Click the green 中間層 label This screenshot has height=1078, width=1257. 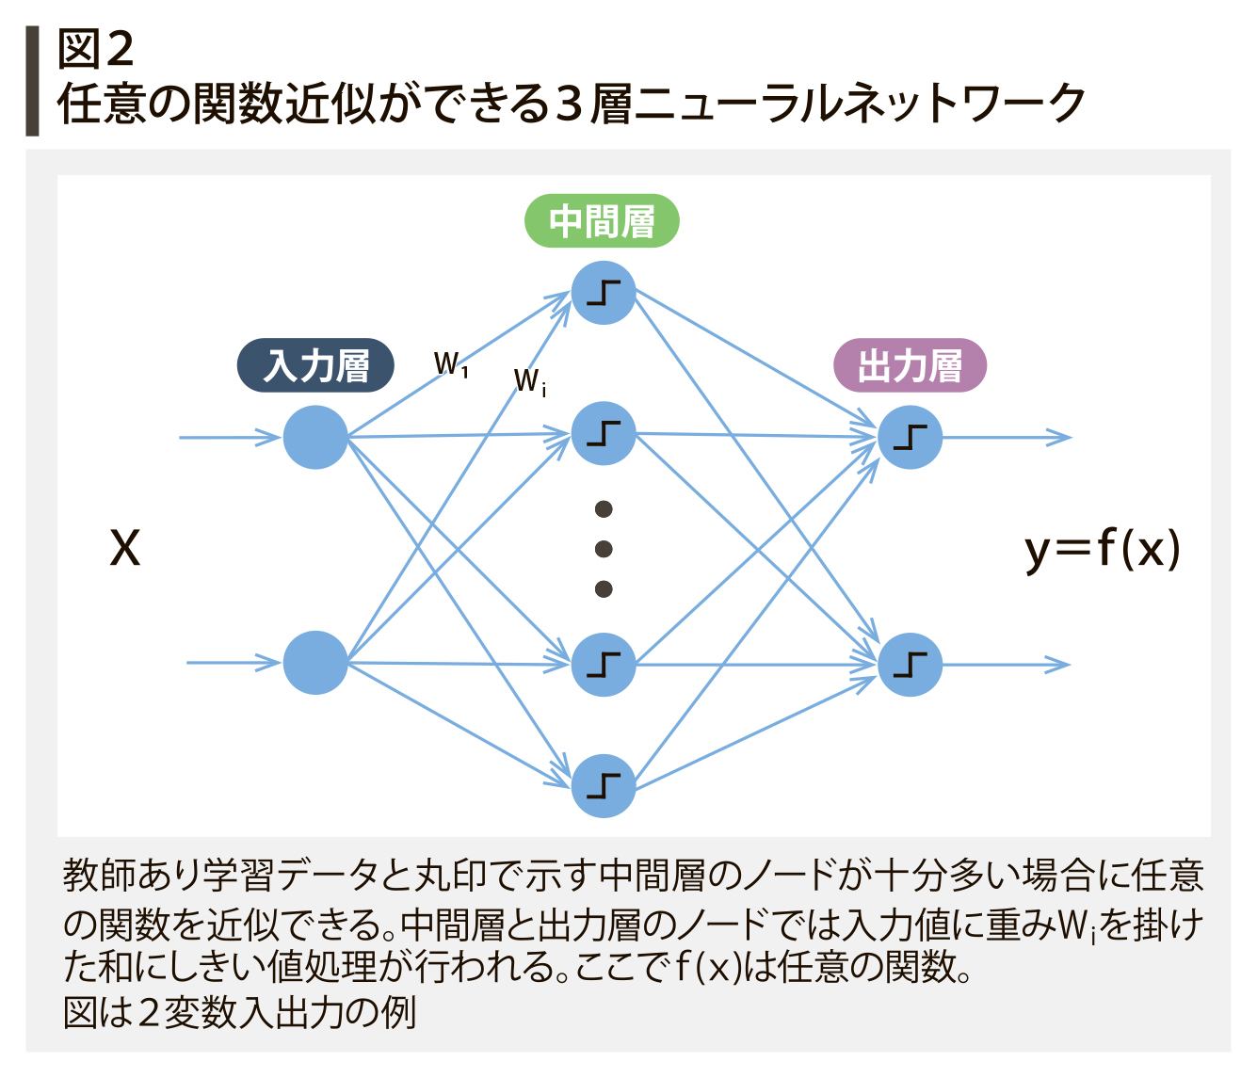click(602, 220)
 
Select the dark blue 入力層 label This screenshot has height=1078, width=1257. click(315, 365)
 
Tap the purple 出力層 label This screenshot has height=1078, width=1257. click(910, 365)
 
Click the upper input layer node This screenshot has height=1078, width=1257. click(315, 437)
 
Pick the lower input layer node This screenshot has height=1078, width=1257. click(315, 663)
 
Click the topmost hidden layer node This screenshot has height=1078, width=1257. click(604, 293)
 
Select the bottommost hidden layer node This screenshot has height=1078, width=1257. click(604, 785)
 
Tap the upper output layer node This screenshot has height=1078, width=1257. click(910, 437)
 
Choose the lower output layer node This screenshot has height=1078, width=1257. click(910, 665)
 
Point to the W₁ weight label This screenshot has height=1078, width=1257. click(451, 364)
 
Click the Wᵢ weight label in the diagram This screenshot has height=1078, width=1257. click(530, 382)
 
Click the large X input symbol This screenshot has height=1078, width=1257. click(125, 548)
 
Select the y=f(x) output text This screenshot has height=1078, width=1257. click(1102, 550)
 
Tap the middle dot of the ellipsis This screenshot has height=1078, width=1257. click(604, 549)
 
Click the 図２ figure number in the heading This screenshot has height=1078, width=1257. click(95, 49)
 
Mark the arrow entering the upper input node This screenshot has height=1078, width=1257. click(230, 437)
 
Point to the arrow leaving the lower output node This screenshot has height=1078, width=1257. click(1006, 665)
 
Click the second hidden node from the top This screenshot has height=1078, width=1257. click(604, 433)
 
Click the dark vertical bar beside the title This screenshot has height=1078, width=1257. click(32, 81)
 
